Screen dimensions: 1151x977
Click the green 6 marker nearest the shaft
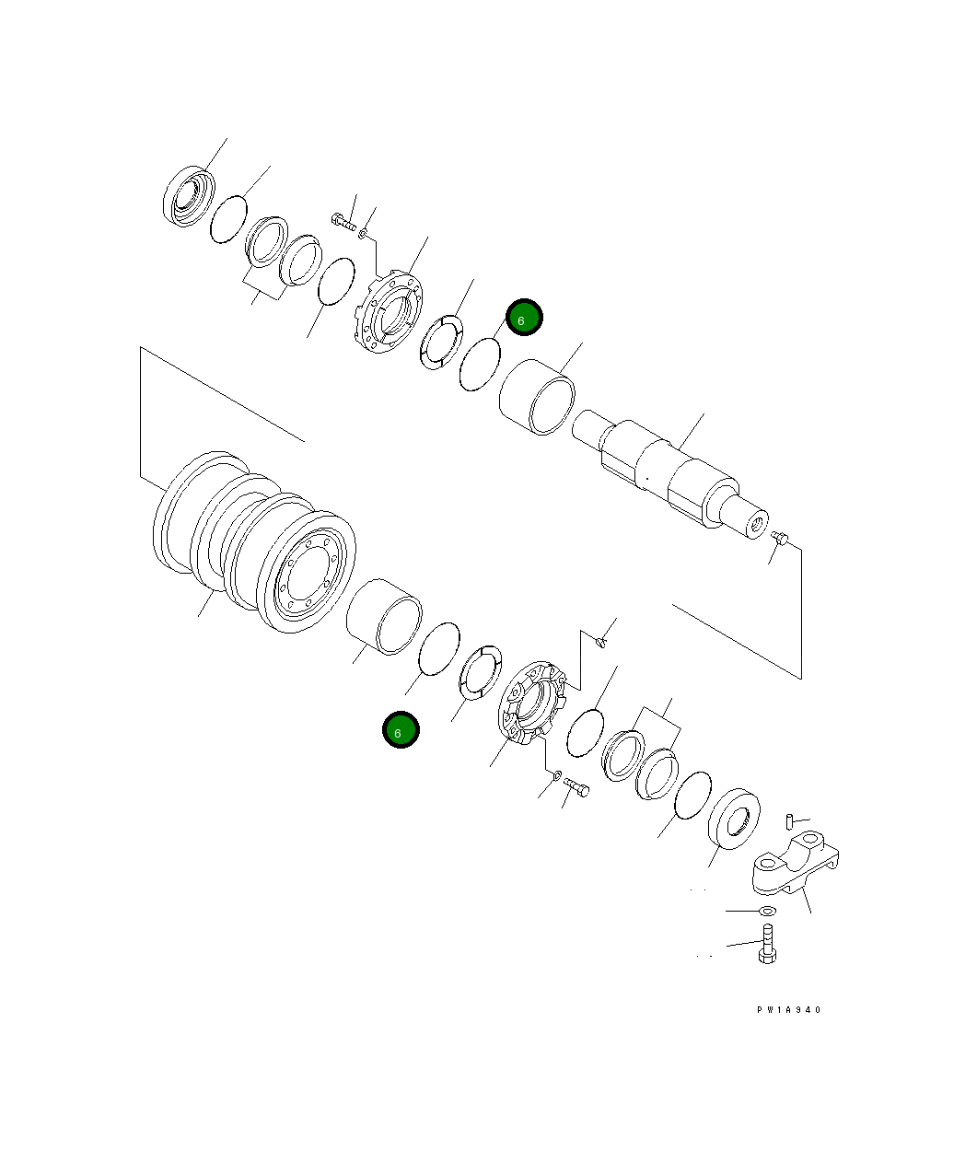pos(524,318)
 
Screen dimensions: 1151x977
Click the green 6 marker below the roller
pos(401,730)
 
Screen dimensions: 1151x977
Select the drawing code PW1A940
pos(788,1010)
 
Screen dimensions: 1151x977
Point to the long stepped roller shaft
pos(672,474)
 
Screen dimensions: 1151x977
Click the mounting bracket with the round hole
pos(797,866)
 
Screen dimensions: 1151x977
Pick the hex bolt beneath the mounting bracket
pos(767,948)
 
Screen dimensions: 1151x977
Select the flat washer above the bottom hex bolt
pos(766,911)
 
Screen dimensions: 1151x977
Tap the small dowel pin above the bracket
pos(790,820)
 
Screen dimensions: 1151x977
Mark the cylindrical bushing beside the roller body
pos(385,616)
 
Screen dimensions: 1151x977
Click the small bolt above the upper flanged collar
pos(343,220)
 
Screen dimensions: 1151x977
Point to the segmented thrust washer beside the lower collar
pos(480,672)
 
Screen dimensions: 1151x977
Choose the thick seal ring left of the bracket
pos(734,818)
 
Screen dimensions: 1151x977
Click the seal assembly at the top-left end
pos(189,195)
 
